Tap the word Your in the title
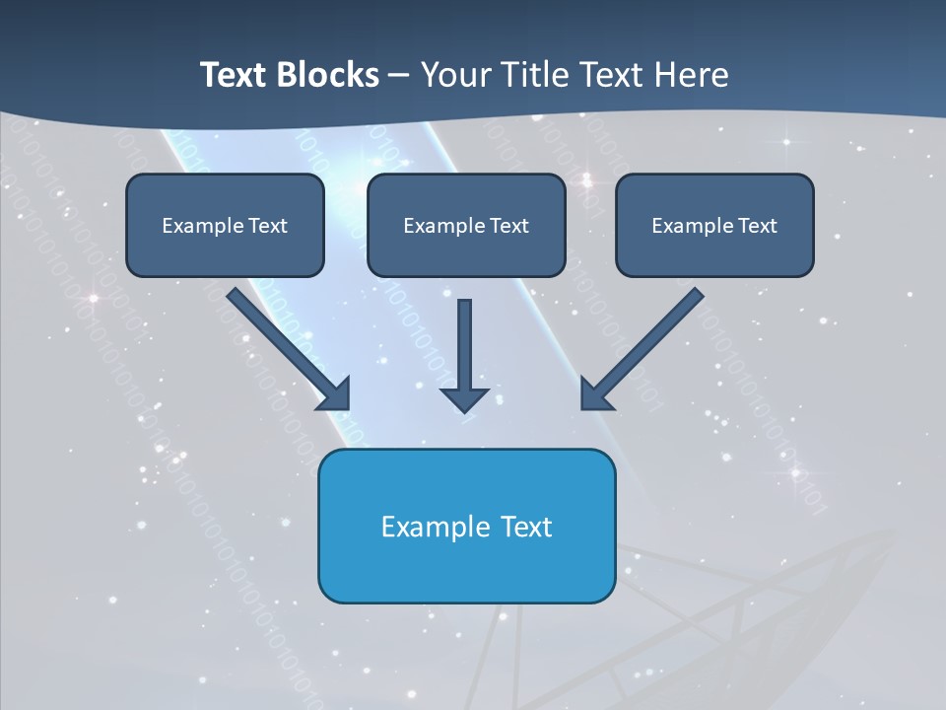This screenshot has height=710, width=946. coord(452,75)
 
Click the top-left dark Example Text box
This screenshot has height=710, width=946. coord(225,225)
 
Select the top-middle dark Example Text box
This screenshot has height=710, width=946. coord(466,225)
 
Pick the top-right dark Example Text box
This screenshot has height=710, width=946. coord(714,225)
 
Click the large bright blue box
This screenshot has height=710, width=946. coord(466,526)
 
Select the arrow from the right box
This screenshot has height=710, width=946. coord(645,345)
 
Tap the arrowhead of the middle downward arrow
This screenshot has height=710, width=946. coord(464,398)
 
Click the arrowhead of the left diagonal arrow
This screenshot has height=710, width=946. coord(335,393)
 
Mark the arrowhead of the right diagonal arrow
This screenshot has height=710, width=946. coord(596,393)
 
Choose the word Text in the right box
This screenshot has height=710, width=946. coord(758,226)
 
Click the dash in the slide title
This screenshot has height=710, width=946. coord(399,76)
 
